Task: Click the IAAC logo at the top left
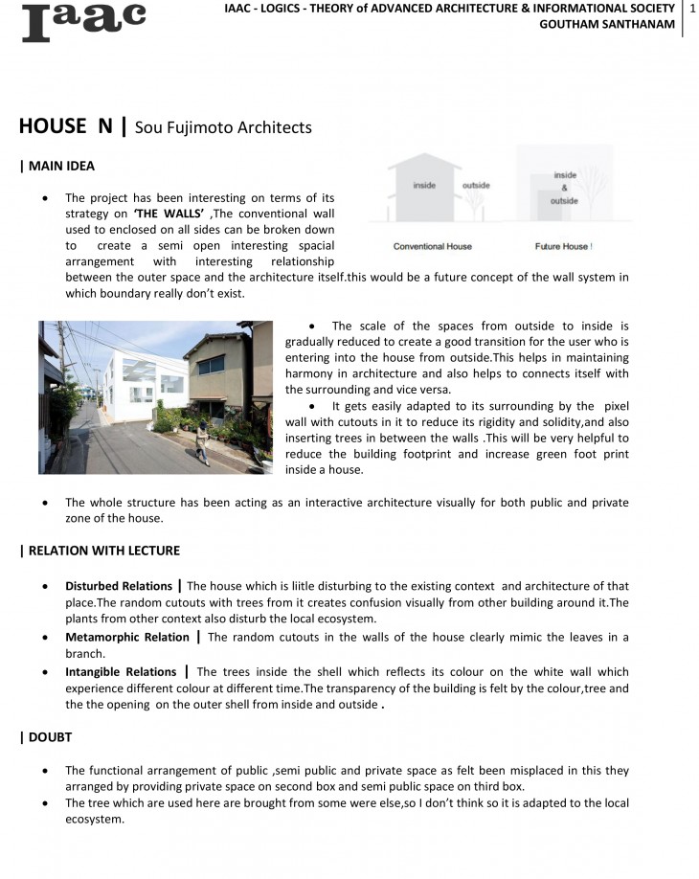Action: click(83, 22)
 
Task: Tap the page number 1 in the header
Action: click(691, 9)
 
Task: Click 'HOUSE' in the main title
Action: click(53, 126)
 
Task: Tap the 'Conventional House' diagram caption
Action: click(432, 246)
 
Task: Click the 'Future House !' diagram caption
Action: click(563, 246)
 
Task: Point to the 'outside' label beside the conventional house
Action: click(476, 185)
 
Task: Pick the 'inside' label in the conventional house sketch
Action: click(424, 185)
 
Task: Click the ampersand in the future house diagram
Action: click(565, 189)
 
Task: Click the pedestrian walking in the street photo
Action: click(203, 443)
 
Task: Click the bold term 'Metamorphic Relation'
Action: click(126, 637)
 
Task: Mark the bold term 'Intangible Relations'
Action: click(121, 672)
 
